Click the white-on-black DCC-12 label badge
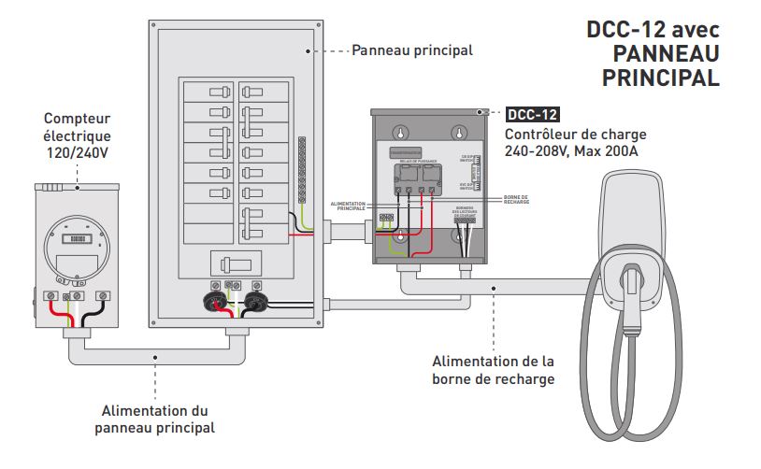pos(532,116)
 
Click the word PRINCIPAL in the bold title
pos(660,78)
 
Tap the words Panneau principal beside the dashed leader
pos(411,50)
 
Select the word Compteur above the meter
pos(77,119)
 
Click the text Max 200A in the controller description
pos(612,150)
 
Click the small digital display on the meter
pos(80,238)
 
